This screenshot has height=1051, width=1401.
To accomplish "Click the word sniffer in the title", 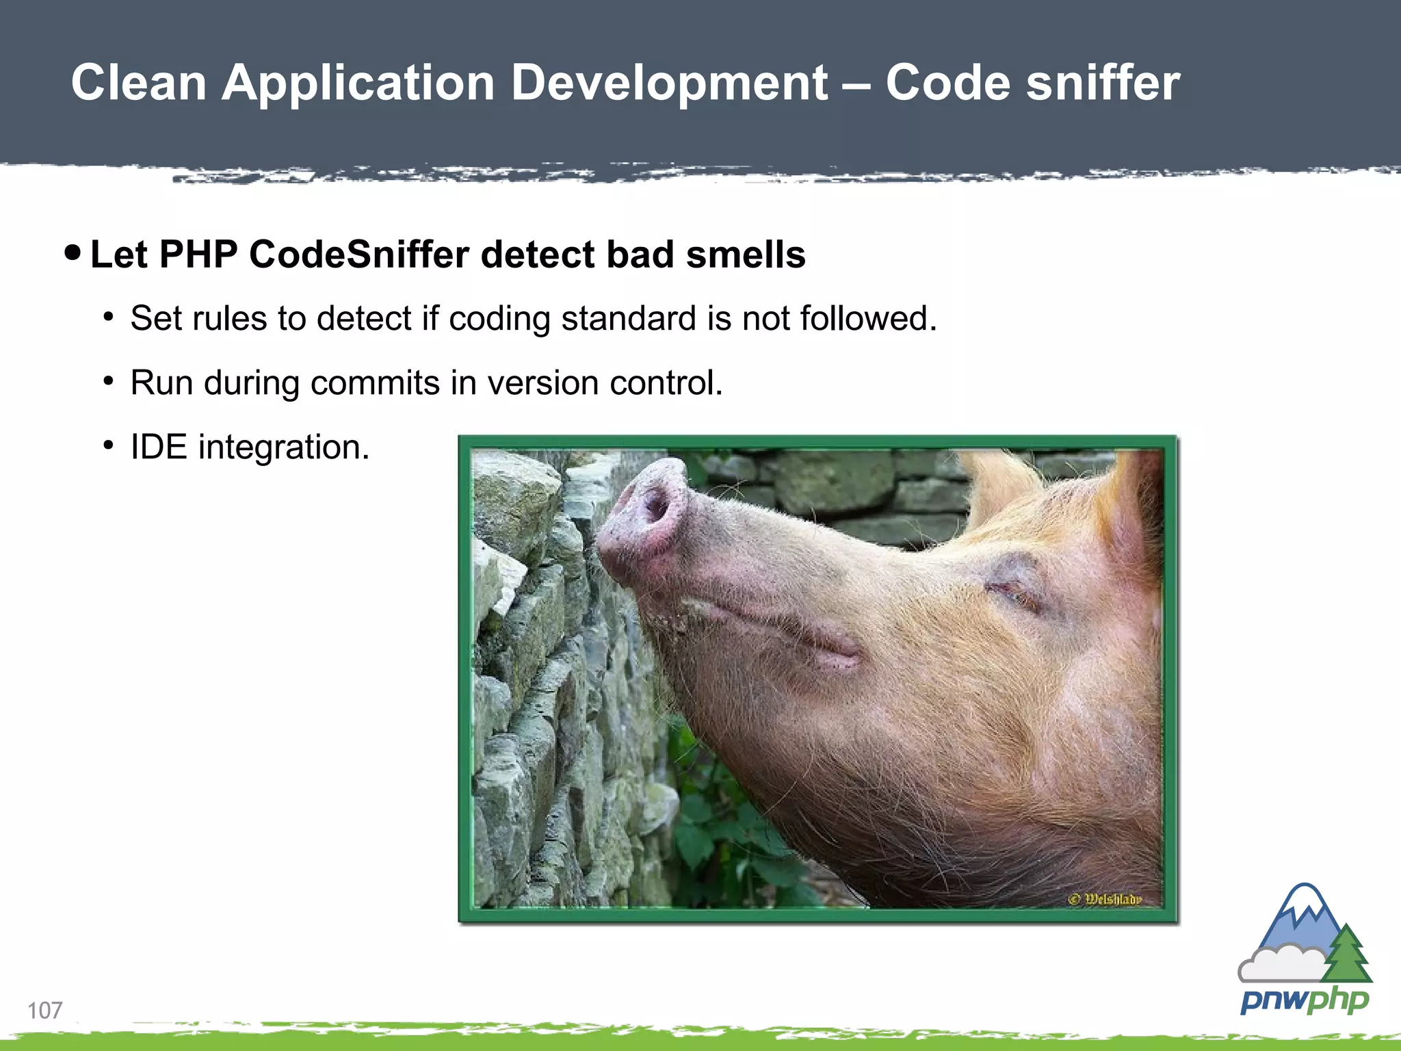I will click(x=1103, y=83).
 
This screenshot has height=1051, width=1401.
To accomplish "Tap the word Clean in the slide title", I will click(x=139, y=83).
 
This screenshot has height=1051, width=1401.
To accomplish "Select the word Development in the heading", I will click(x=669, y=83).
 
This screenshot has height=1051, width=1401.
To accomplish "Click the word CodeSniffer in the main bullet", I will click(x=359, y=255).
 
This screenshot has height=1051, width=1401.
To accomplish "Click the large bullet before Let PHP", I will click(x=72, y=253).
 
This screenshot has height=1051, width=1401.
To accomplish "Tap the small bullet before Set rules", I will click(x=108, y=317).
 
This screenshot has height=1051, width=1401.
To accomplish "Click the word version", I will click(x=542, y=382).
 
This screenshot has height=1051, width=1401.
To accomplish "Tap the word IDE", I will click(x=159, y=447).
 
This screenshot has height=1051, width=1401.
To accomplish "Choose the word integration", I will click(x=283, y=448).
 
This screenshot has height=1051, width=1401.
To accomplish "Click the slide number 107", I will click(x=45, y=1010).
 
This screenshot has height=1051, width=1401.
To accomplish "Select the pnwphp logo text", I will click(x=1304, y=1001).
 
